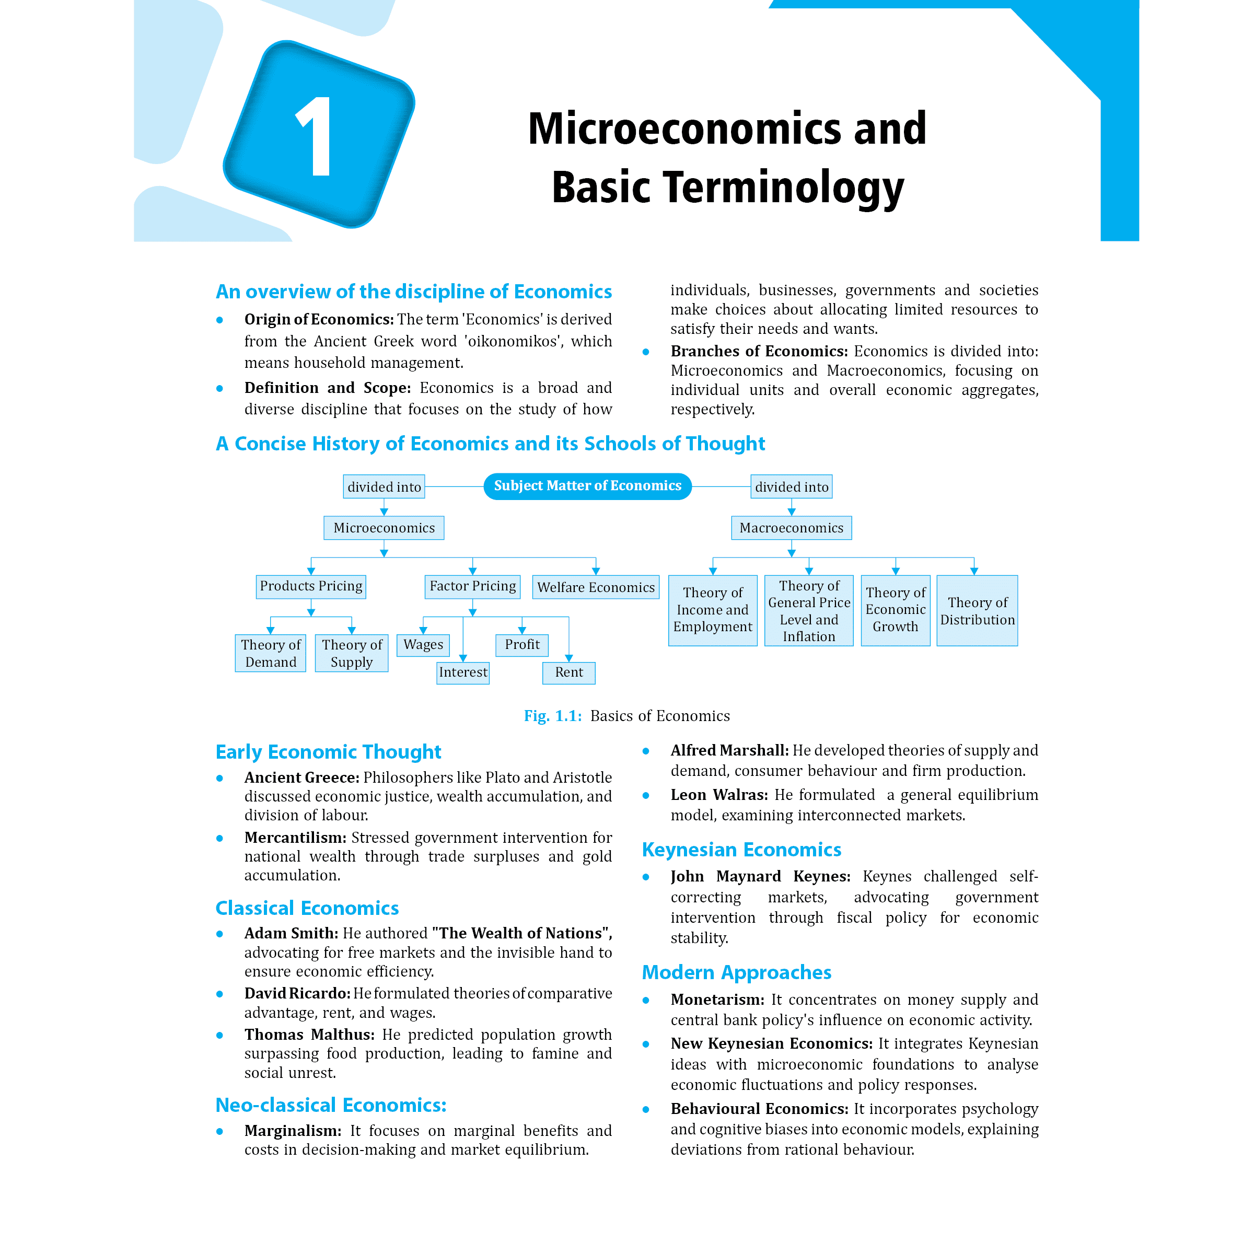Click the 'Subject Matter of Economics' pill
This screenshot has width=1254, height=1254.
pos(587,486)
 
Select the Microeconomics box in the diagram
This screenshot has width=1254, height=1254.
pos(384,528)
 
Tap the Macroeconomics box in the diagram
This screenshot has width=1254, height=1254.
pos(791,528)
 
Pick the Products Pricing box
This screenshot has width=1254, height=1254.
pos(311,586)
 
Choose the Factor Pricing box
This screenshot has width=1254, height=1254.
pos(472,586)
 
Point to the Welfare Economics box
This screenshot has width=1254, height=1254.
pos(595,587)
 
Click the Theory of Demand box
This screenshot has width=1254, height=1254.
pos(270,653)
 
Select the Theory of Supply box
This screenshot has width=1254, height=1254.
pos(351,653)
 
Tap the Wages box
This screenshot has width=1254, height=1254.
pos(423,645)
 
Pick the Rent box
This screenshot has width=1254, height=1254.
pos(568,672)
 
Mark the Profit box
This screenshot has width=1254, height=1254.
pos(522,645)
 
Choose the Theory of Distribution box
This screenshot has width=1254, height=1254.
pos(977,611)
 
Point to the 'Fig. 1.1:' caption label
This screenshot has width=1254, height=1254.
pos(552,715)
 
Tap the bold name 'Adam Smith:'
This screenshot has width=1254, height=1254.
pos(291,933)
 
